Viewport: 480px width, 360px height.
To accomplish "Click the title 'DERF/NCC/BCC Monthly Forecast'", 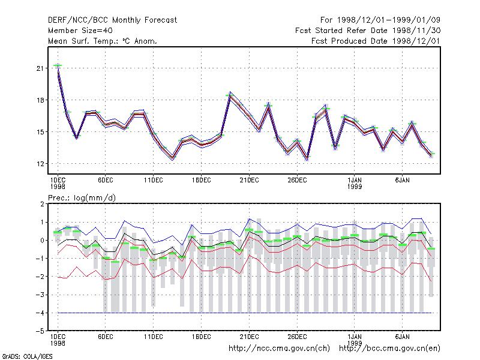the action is coord(112,20).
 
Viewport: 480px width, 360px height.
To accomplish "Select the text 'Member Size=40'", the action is coord(80,31).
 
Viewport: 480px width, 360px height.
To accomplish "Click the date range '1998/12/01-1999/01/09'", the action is coord(388,20).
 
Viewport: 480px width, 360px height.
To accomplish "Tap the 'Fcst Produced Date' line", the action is coord(376,41).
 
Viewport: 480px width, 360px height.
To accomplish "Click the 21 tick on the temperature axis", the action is coord(40,68).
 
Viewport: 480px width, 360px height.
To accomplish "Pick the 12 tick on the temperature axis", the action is coord(40,164).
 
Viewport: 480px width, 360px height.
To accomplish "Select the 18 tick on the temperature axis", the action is coord(40,100).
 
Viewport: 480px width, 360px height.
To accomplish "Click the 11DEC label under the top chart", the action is coord(154,181).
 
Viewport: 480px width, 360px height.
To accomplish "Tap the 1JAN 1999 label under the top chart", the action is coord(355,184).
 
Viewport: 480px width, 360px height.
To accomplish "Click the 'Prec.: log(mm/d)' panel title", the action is coord(82,198).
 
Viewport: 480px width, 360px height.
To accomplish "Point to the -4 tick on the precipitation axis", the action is coord(40,313).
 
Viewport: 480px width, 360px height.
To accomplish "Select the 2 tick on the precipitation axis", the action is coord(42,204).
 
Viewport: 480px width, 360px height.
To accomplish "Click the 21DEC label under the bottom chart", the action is coord(249,337).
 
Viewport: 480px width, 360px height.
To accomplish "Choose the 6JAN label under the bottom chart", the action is coord(402,337).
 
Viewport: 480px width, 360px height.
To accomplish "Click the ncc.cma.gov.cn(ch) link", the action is coord(279,349).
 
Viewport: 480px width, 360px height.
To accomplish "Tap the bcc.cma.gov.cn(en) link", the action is coord(389,349).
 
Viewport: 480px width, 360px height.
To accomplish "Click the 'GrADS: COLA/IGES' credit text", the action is coord(27,356).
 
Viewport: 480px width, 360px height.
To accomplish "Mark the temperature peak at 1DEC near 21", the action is coord(58,65).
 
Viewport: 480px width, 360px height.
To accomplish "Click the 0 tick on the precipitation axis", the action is coord(42,241).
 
